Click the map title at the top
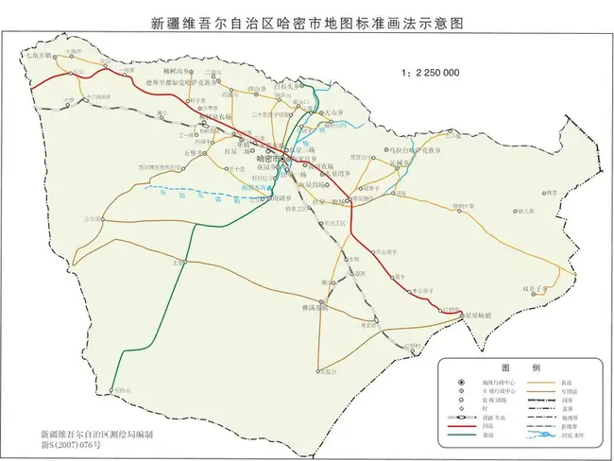tap(308, 21)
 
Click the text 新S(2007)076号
tap(58, 442)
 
